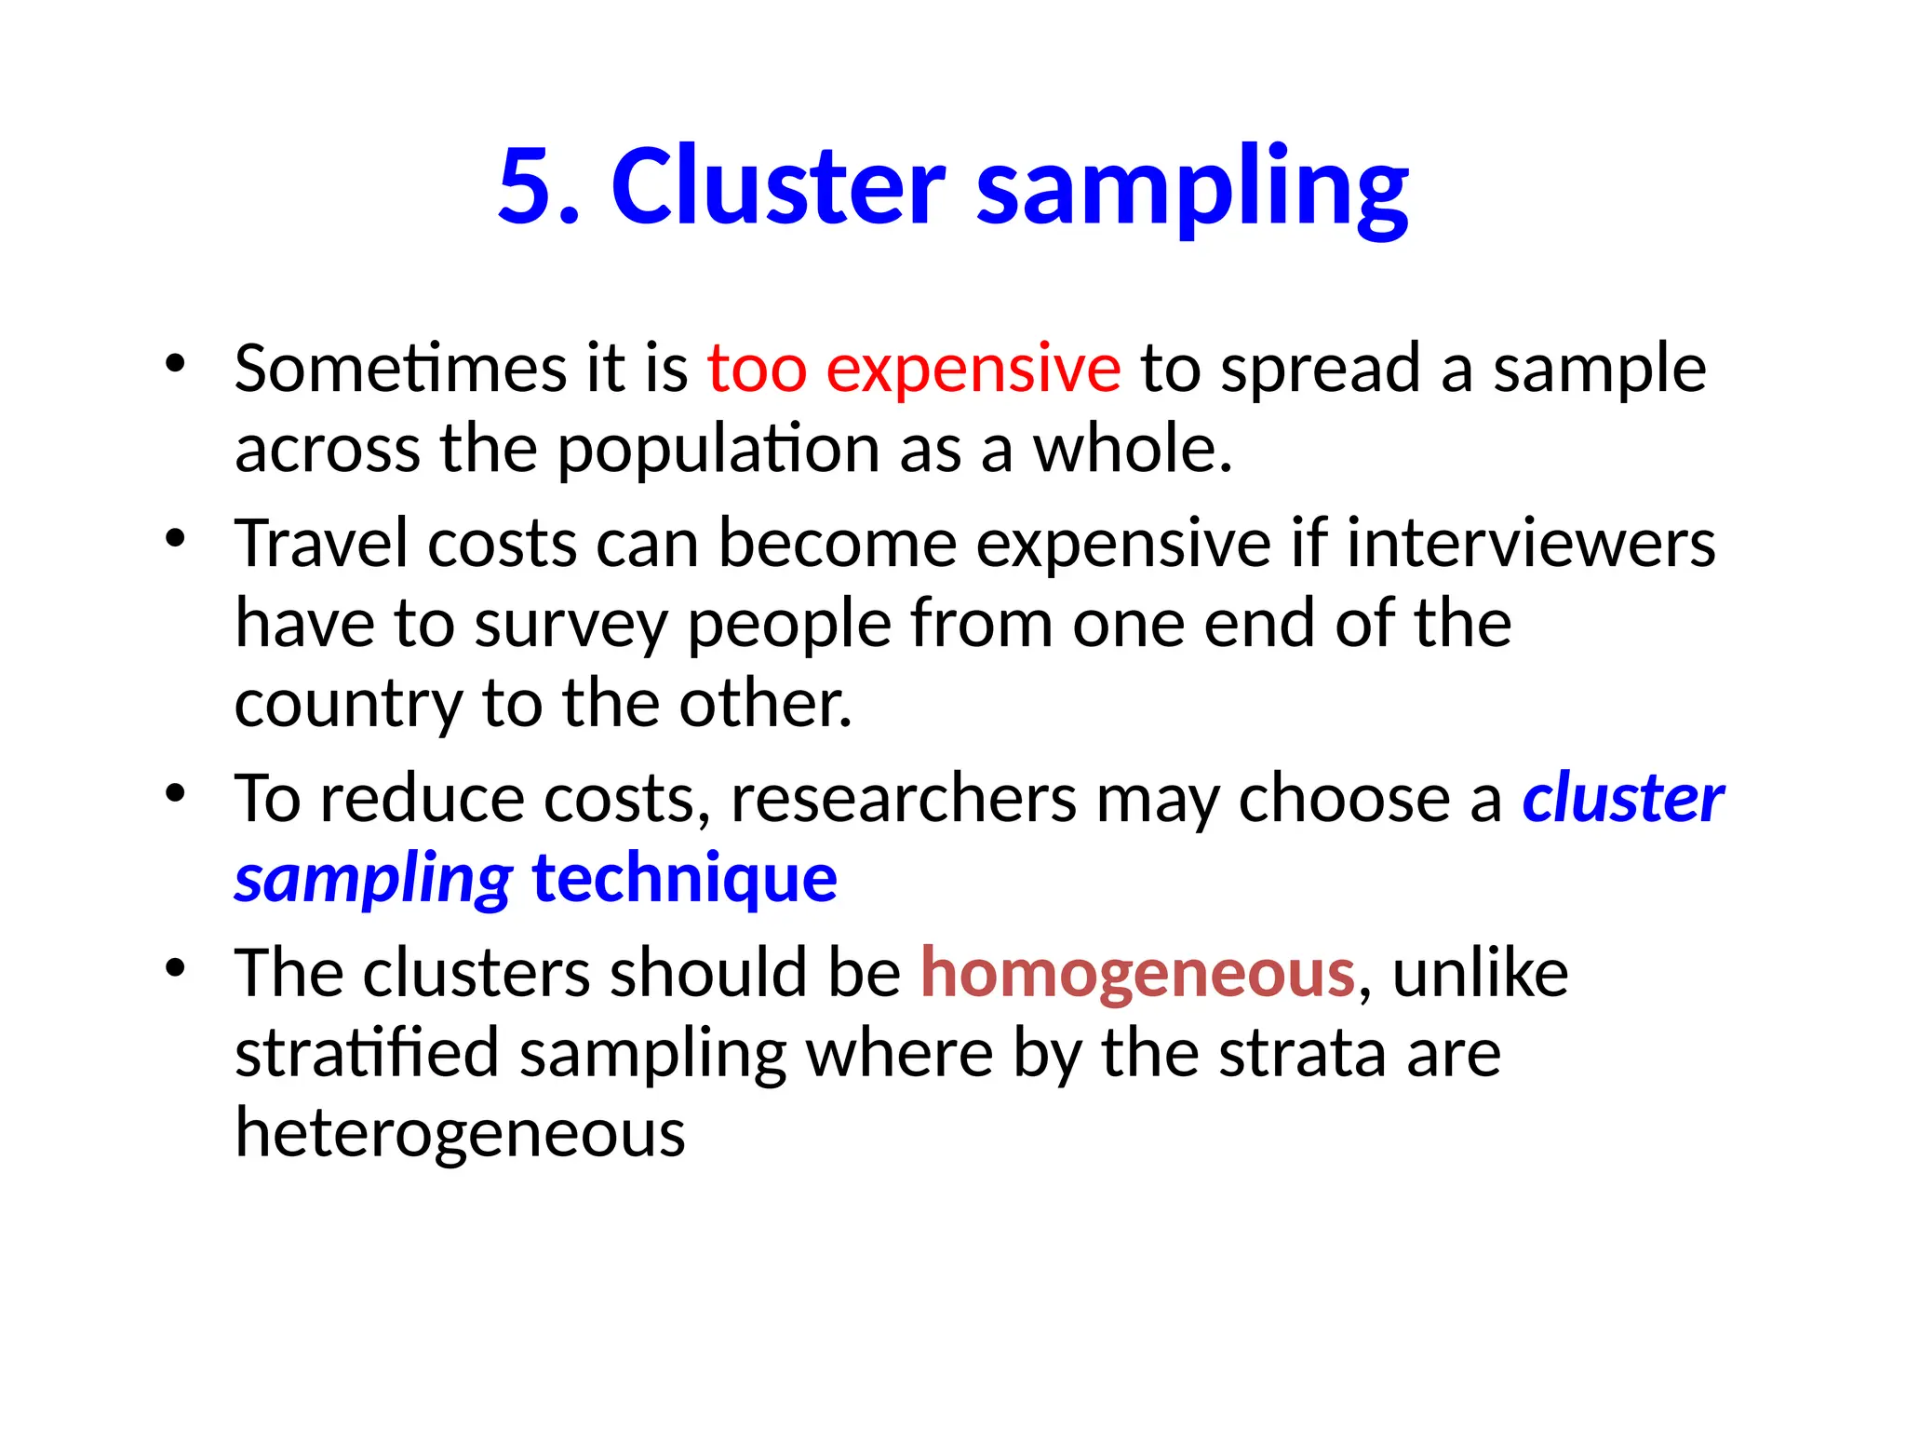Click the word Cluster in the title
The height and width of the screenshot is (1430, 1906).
pos(778,187)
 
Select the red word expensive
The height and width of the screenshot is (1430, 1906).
pos(973,369)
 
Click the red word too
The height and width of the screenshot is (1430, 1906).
pos(757,369)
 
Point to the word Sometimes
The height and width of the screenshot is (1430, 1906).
pos(399,369)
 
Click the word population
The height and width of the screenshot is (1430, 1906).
pos(718,451)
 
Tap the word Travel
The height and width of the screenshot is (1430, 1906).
pos(320,544)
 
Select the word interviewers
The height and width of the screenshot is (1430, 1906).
pos(1531,544)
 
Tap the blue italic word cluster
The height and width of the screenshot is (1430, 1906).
pos(1622,799)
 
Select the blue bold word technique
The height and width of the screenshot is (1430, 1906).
pos(684,879)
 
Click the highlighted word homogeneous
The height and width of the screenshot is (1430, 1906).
pos(1137,974)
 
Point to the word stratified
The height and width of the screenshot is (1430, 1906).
pos(367,1054)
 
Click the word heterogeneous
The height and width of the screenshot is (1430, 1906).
pos(460,1134)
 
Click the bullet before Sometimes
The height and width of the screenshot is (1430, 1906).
pos(175,364)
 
